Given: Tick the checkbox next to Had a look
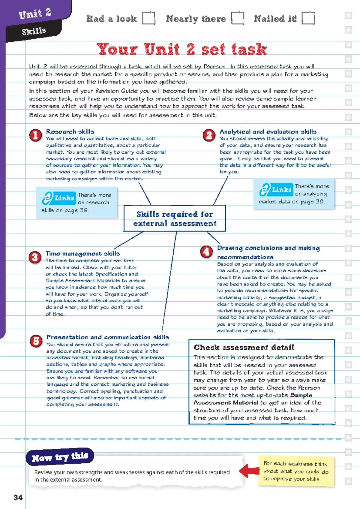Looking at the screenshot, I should click(148, 18).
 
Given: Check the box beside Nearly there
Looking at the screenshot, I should click(238, 18).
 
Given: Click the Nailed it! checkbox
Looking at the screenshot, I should click(308, 18).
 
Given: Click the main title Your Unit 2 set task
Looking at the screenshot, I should click(181, 49).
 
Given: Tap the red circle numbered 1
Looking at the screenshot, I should click(35, 135).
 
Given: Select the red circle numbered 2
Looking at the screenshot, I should click(209, 135).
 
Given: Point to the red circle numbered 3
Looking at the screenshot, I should click(35, 258).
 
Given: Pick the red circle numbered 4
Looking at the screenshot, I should click(206, 252).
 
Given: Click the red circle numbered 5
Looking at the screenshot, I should click(36, 341).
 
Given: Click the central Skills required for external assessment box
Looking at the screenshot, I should click(175, 218).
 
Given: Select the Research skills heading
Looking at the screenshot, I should click(70, 131).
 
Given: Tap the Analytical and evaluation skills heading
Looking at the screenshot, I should click(268, 131).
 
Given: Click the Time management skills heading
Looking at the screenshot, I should click(82, 254).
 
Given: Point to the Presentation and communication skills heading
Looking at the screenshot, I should click(108, 337).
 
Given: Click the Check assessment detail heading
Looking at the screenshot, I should click(244, 348).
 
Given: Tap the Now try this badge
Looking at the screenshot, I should click(60, 457).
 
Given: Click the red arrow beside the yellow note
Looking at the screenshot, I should click(250, 471).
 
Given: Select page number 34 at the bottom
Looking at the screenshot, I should click(18, 498).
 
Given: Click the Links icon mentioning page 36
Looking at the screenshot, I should click(59, 198).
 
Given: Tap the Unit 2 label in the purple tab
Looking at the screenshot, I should click(35, 14).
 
